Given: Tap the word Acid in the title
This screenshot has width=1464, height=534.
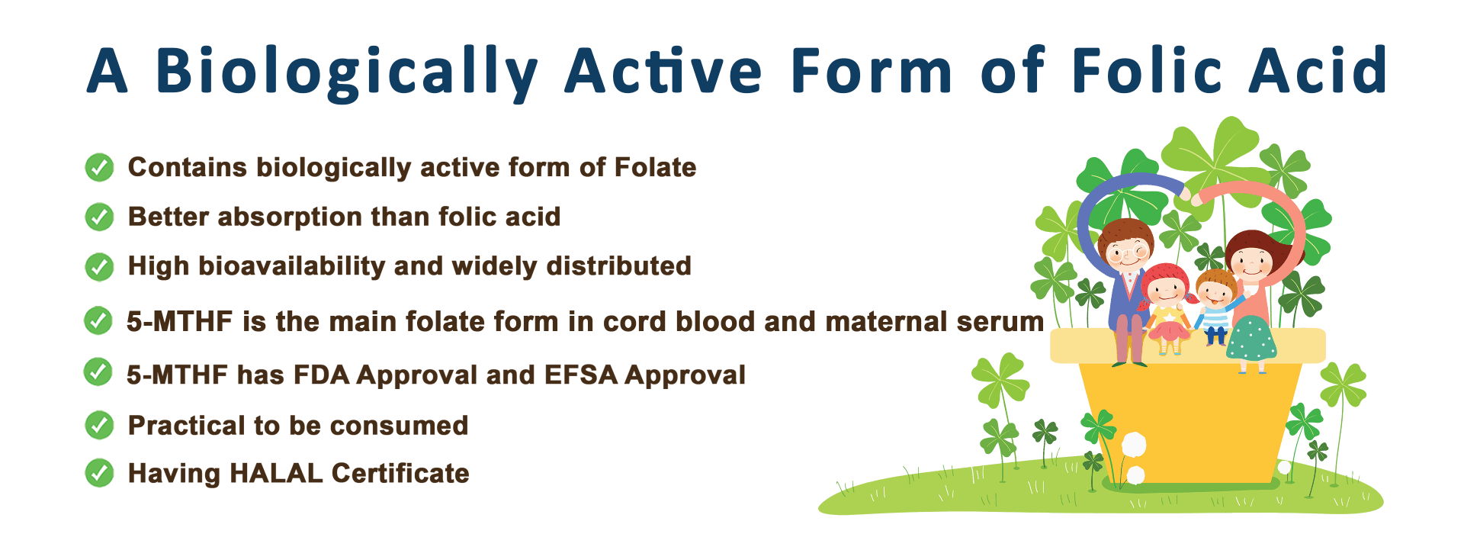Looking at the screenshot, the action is (x=1318, y=69).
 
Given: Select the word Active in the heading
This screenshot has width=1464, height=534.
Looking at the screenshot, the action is (x=663, y=69).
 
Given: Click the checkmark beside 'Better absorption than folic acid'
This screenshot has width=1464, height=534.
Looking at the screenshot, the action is (x=99, y=217).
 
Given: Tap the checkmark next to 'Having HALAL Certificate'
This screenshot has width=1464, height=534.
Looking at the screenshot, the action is (x=99, y=473).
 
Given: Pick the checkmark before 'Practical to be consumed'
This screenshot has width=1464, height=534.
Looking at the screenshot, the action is (x=99, y=425).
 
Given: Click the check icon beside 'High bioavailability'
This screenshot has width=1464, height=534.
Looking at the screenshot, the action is (x=99, y=266).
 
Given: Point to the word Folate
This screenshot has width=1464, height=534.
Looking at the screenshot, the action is (x=655, y=167).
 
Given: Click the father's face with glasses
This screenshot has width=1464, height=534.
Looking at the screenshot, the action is (x=1126, y=252).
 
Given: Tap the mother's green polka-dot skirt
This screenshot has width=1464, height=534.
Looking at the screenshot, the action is (x=1251, y=340).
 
